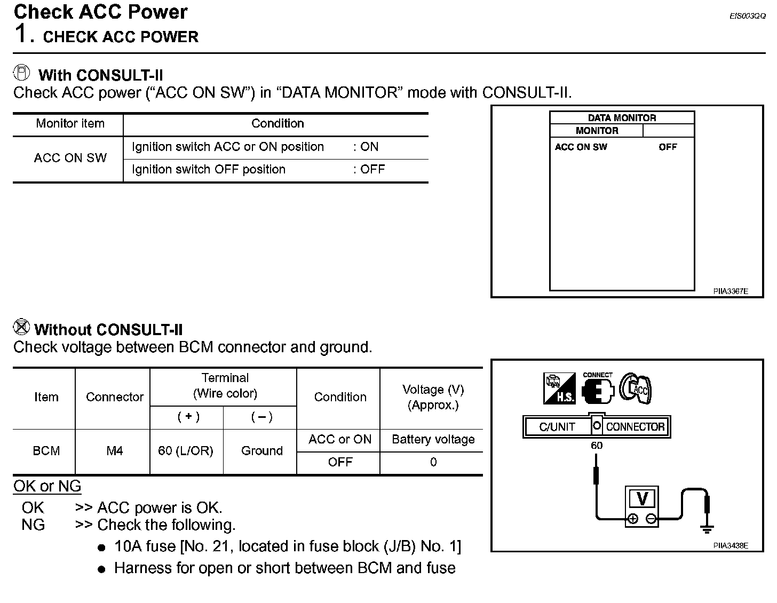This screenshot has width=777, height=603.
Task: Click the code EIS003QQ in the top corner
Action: (747, 17)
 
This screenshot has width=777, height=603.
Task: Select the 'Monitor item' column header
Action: (70, 124)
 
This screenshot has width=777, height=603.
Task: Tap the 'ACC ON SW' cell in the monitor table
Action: (70, 158)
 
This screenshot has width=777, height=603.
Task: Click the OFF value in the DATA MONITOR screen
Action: (667, 147)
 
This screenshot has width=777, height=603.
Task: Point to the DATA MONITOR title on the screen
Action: (622, 118)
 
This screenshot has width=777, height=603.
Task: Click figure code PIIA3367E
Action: (731, 291)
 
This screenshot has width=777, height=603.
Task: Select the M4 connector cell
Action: (114, 451)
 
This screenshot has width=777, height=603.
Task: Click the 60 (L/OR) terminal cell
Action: (186, 451)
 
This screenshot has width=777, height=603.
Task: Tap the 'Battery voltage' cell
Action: (433, 440)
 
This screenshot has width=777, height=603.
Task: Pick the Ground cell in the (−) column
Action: (261, 451)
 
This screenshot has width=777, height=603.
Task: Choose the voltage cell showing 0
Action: (433, 462)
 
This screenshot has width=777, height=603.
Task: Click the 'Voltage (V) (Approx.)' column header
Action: (433, 397)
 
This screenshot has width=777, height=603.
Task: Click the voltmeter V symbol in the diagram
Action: (643, 499)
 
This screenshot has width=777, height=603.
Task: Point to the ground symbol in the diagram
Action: (707, 528)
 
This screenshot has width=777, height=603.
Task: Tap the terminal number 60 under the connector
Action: (597, 445)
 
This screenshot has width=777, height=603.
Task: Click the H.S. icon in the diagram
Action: (559, 388)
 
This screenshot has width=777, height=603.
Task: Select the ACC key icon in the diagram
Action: (636, 388)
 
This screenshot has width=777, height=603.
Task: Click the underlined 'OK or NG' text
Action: (47, 486)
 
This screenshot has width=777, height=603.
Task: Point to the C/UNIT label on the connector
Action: (557, 427)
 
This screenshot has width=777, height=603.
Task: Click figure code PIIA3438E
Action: (731, 546)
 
